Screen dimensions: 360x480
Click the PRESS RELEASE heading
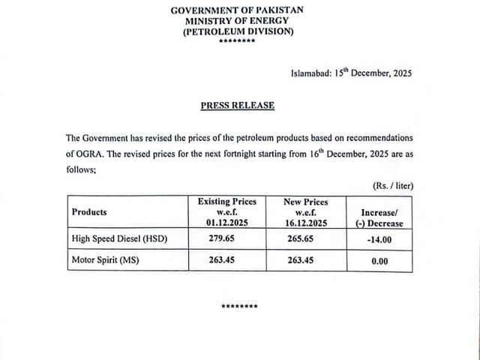(238, 106)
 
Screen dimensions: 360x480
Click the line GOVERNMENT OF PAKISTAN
(239, 10)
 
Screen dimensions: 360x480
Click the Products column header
(89, 212)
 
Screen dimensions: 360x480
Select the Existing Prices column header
(226, 212)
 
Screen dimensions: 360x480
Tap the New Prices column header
(305, 212)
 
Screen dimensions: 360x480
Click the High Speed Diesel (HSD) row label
(118, 239)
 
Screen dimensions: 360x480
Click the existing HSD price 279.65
(226, 239)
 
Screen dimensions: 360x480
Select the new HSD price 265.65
(305, 239)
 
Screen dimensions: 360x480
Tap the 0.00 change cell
(379, 261)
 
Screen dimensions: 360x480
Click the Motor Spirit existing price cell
(226, 261)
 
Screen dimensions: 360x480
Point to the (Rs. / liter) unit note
(392, 185)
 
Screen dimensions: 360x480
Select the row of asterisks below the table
(239, 307)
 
